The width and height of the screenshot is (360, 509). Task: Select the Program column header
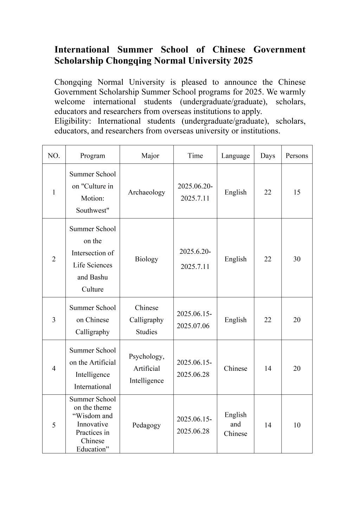pyautogui.click(x=92, y=156)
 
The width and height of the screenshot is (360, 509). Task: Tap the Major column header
pyautogui.click(x=150, y=156)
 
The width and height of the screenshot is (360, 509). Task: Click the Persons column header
pyautogui.click(x=297, y=156)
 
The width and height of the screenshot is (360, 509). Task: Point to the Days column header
pyautogui.click(x=268, y=156)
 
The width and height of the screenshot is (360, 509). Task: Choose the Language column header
pyautogui.click(x=235, y=156)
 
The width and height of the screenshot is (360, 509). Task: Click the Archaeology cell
pyautogui.click(x=146, y=192)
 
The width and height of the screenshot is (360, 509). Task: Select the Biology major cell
pyautogui.click(x=146, y=259)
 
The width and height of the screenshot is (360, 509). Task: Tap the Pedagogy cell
pyautogui.click(x=146, y=425)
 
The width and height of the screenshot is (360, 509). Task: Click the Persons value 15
pyautogui.click(x=297, y=192)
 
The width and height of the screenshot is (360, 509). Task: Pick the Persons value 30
pyautogui.click(x=297, y=259)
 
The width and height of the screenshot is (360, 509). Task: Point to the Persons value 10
pyautogui.click(x=297, y=425)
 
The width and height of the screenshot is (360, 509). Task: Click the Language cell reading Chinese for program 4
pyautogui.click(x=235, y=368)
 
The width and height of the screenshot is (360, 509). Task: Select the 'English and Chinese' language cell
pyautogui.click(x=235, y=424)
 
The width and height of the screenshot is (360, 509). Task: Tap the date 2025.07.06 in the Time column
pyautogui.click(x=193, y=326)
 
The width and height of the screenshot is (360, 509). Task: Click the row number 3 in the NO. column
pyautogui.click(x=54, y=320)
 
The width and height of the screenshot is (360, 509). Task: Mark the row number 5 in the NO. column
pyautogui.click(x=54, y=425)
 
